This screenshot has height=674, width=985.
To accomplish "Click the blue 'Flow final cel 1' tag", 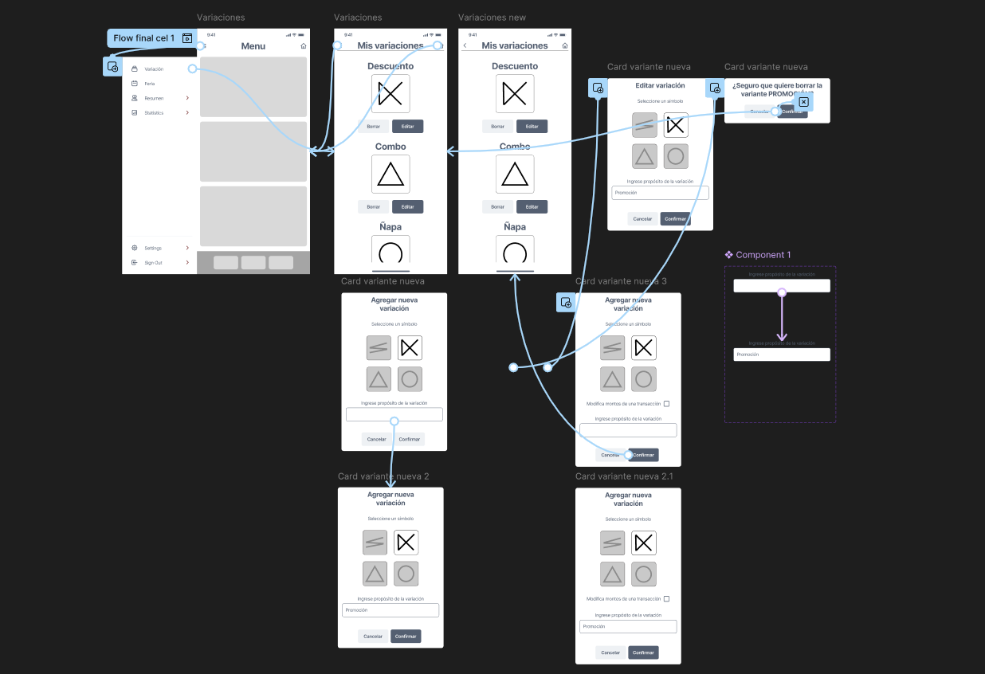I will click(x=144, y=38).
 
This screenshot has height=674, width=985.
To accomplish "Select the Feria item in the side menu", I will click(x=150, y=84).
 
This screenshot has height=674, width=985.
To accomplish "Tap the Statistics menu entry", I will click(x=154, y=113).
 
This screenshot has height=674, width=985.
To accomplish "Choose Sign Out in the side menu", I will click(x=153, y=263).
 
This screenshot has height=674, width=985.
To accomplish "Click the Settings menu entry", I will click(x=153, y=248).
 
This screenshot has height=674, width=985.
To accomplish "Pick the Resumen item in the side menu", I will click(x=154, y=98).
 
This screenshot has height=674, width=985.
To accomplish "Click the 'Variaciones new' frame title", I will click(x=492, y=18).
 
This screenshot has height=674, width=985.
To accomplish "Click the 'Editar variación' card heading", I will click(x=660, y=85).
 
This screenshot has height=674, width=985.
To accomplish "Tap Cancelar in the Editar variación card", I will click(x=642, y=219).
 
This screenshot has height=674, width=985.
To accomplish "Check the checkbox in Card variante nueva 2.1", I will click(x=666, y=598).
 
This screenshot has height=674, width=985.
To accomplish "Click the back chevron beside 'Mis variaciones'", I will click(x=465, y=46).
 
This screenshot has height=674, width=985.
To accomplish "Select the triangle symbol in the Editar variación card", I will click(x=645, y=156).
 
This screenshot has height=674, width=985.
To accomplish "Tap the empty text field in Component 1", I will click(x=782, y=286).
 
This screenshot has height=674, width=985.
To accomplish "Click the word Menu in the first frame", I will click(x=253, y=46).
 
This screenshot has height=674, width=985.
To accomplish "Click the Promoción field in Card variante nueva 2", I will click(x=390, y=610).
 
